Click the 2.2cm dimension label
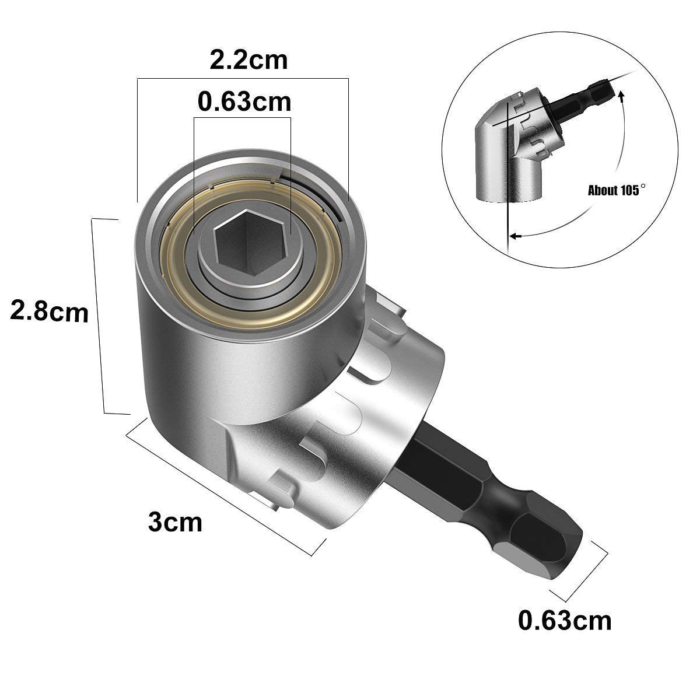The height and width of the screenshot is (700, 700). click(249, 60)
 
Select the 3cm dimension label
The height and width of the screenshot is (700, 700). click(175, 521)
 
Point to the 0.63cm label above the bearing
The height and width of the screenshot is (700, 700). click(244, 101)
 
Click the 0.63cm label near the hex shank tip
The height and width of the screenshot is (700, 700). click(565, 619)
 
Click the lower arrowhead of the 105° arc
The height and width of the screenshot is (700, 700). click(513, 236)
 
